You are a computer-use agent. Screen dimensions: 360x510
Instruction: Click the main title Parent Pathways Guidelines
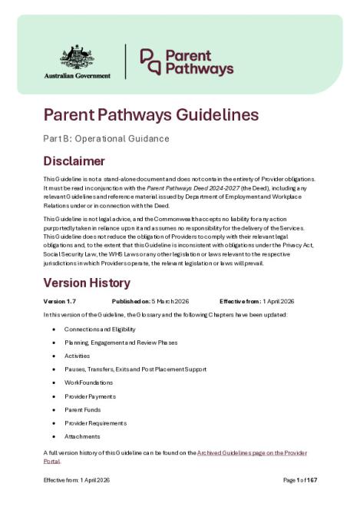[151, 116]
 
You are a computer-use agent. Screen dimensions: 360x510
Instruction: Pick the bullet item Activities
[79, 356]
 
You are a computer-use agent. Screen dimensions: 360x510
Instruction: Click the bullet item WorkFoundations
[89, 382]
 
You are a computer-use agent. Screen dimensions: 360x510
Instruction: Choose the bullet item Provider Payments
[91, 396]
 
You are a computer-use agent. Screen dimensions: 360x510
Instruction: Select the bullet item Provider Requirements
[96, 423]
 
